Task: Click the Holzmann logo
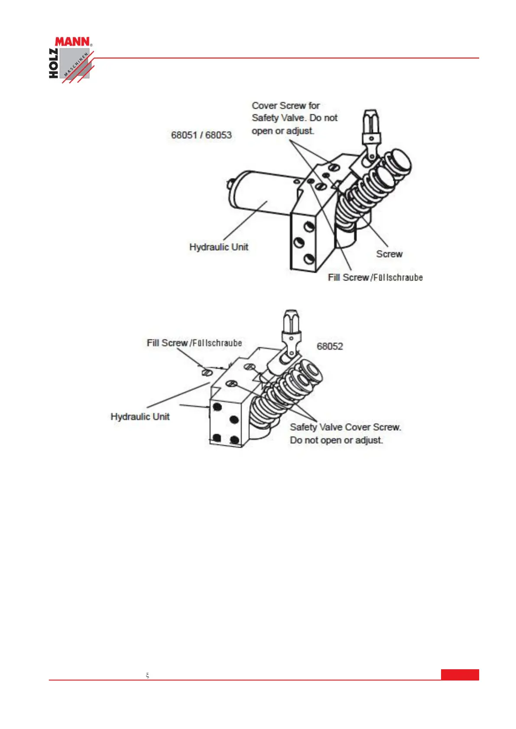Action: pyautogui.click(x=71, y=59)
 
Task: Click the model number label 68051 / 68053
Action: pyautogui.click(x=201, y=135)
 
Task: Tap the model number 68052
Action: pyautogui.click(x=330, y=346)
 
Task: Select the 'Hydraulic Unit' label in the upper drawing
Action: pyautogui.click(x=219, y=247)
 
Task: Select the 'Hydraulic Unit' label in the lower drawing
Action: pyautogui.click(x=140, y=417)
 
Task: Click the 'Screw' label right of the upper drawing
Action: pyautogui.click(x=389, y=254)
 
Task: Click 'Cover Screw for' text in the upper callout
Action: pyautogui.click(x=286, y=106)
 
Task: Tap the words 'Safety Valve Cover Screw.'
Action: pyautogui.click(x=345, y=427)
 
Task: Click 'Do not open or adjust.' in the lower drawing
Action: pyautogui.click(x=336, y=440)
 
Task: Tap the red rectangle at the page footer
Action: pyautogui.click(x=460, y=674)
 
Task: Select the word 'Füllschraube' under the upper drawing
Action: pyautogui.click(x=398, y=278)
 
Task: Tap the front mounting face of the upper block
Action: pyautogui.click(x=303, y=242)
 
